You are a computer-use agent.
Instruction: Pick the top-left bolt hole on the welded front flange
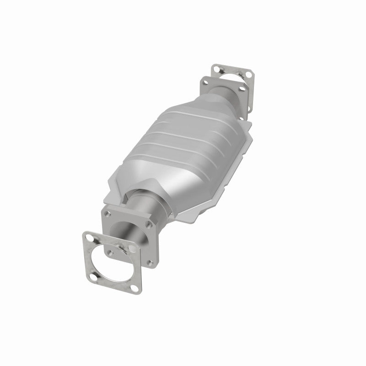point(109,212)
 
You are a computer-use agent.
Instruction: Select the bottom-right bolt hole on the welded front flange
point(150,262)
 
